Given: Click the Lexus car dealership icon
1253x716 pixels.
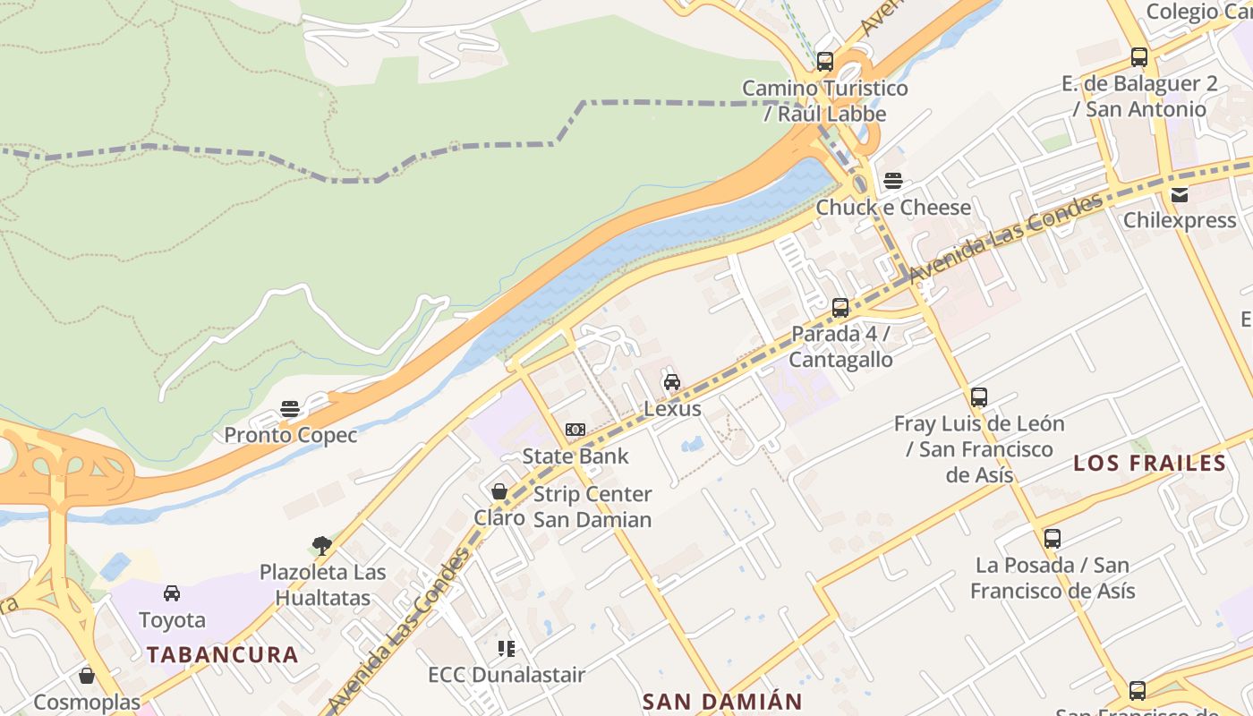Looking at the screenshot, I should (671, 383).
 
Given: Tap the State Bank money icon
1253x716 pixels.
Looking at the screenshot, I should (575, 430).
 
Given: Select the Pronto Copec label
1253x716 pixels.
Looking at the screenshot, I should (291, 436).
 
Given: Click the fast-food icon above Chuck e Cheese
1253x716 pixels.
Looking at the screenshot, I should (892, 181).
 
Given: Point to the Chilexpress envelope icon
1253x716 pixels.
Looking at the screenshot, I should (1180, 195).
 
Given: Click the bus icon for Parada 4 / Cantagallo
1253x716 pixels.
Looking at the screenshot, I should (840, 308).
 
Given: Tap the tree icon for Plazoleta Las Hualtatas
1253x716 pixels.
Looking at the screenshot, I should (322, 545).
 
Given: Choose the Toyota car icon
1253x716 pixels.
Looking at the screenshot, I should (172, 593).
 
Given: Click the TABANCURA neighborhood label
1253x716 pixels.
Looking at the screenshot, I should (223, 655).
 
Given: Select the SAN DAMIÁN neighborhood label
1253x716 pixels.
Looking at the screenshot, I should (721, 702).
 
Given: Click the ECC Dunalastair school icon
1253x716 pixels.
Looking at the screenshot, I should (507, 648).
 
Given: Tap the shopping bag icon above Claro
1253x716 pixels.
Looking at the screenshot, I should (499, 491).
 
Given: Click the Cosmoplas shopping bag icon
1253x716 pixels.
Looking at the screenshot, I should (87, 676).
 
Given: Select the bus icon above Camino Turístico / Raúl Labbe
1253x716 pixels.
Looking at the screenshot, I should (825, 62).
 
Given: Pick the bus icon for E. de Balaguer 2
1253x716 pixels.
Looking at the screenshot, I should (1138, 57).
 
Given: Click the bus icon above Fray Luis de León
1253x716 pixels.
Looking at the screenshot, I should (979, 397).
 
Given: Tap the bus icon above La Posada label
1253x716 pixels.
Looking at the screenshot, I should (1053, 539).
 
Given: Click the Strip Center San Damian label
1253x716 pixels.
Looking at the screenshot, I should (592, 507).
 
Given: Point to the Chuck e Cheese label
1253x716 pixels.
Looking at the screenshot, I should (893, 208).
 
